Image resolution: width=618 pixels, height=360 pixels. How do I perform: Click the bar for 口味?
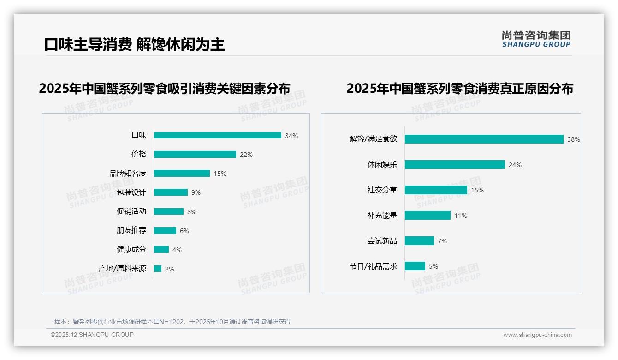tap(217, 135)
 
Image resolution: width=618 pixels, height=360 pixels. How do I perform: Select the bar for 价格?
tap(195, 155)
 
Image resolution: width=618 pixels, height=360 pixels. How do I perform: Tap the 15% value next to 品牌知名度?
tap(220, 174)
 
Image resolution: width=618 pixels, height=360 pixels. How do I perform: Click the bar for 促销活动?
tap(168, 211)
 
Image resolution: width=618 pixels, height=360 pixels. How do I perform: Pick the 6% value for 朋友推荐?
tap(184, 231)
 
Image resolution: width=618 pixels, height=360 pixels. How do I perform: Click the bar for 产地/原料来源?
tap(158, 269)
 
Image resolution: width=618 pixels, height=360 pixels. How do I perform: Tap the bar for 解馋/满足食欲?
tap(484, 139)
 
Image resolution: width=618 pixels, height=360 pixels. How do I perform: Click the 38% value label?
tap(573, 139)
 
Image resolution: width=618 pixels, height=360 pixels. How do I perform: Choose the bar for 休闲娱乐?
tap(455, 165)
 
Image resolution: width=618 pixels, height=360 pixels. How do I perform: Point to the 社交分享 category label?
tap(382, 190)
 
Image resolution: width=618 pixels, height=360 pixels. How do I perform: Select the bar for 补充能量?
tap(428, 216)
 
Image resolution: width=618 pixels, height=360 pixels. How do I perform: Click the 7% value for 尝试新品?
tap(442, 241)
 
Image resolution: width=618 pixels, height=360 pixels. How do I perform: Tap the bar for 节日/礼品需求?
tap(415, 266)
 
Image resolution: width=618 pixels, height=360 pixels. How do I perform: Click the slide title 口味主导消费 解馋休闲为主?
tap(134, 44)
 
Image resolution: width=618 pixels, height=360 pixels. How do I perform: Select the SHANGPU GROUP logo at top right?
tap(536, 39)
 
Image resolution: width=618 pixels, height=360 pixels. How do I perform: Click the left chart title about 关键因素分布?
tap(164, 88)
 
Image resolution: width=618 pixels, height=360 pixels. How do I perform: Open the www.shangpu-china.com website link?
tap(537, 335)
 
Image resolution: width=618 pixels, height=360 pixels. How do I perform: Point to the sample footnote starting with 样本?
tap(172, 322)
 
